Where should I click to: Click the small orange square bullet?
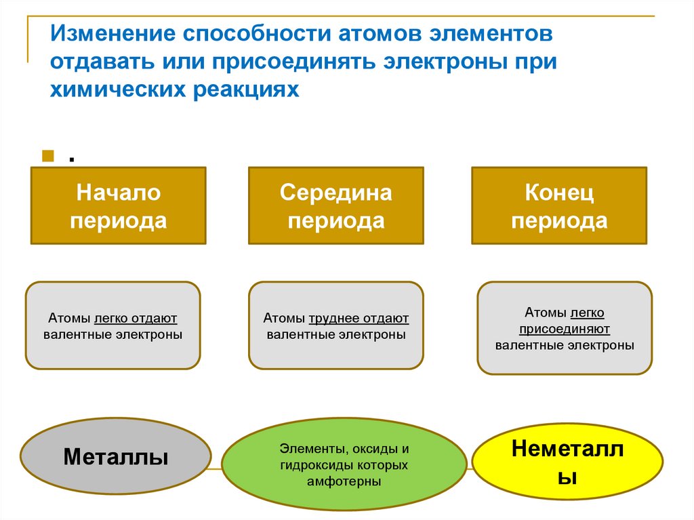click(48, 157)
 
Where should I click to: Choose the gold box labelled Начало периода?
click(118, 206)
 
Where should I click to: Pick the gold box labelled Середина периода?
click(335, 206)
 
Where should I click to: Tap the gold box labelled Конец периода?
click(558, 206)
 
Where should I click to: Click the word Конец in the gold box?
click(559, 193)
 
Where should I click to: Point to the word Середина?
click(335, 193)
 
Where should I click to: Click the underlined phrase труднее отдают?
click(359, 318)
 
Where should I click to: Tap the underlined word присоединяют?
click(565, 329)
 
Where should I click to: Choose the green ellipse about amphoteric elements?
click(344, 465)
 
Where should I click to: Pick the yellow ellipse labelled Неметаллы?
click(567, 463)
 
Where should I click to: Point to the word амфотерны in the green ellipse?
click(344, 481)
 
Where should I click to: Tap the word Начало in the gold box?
click(118, 193)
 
